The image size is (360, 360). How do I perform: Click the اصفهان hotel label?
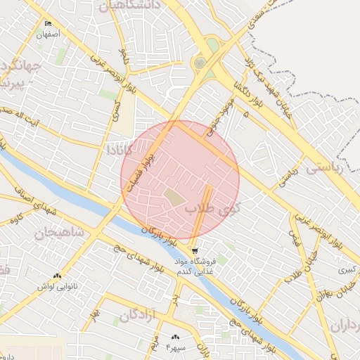[x=49, y=34]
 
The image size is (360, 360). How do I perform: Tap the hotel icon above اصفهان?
[x=48, y=24]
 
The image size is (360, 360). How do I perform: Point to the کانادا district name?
[x=115, y=150]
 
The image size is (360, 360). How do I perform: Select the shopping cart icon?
[x=194, y=250]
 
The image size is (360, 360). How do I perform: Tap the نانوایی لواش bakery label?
[x=56, y=285]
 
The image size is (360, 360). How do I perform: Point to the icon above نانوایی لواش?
[x=56, y=276]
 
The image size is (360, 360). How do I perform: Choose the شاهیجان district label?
[x=59, y=232]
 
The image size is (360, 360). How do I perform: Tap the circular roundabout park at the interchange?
[x=201, y=63]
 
